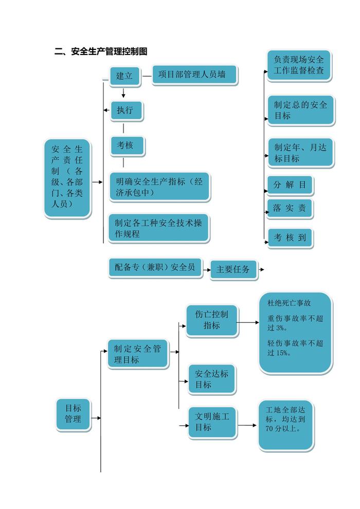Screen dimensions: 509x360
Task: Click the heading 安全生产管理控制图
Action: [101, 52]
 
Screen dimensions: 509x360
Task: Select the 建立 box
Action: [124, 76]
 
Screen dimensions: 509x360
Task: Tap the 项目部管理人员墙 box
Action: [195, 75]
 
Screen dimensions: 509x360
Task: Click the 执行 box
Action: [125, 111]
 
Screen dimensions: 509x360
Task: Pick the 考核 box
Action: [127, 146]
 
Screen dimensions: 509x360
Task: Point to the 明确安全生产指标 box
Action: [159, 187]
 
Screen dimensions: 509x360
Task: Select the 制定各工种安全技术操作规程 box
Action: [158, 228]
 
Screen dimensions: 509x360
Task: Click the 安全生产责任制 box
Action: [67, 177]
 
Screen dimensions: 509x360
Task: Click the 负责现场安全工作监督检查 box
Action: [299, 65]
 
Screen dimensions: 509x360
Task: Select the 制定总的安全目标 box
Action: [300, 110]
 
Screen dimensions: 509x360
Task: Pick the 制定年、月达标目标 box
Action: [300, 153]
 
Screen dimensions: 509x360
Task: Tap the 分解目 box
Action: [290, 185]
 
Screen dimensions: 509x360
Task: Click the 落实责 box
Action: [290, 209]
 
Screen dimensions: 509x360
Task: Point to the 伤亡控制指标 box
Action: [212, 320]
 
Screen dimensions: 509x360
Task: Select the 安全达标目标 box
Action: [211, 379]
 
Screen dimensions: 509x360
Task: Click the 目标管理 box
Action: [73, 414]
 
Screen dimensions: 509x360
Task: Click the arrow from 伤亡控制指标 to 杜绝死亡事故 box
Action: [249, 323]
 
